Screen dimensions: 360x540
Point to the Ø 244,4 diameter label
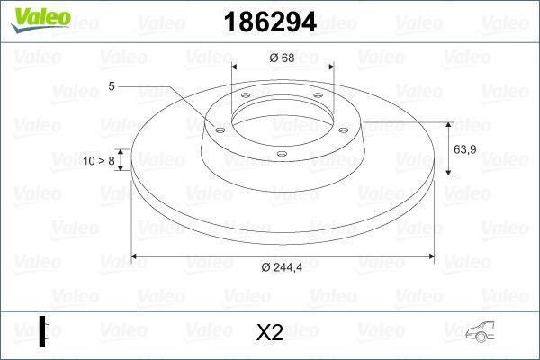[x=283, y=267]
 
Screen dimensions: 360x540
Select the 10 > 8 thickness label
[x=98, y=160]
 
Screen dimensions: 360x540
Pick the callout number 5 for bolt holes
[x=112, y=86]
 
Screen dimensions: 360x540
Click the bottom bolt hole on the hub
[x=282, y=154]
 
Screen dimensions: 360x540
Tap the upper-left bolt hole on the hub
[x=245, y=99]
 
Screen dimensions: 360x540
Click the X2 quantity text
[x=269, y=333]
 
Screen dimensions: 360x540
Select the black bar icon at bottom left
[x=44, y=331]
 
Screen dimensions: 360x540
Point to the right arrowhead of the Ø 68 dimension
[x=332, y=68]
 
